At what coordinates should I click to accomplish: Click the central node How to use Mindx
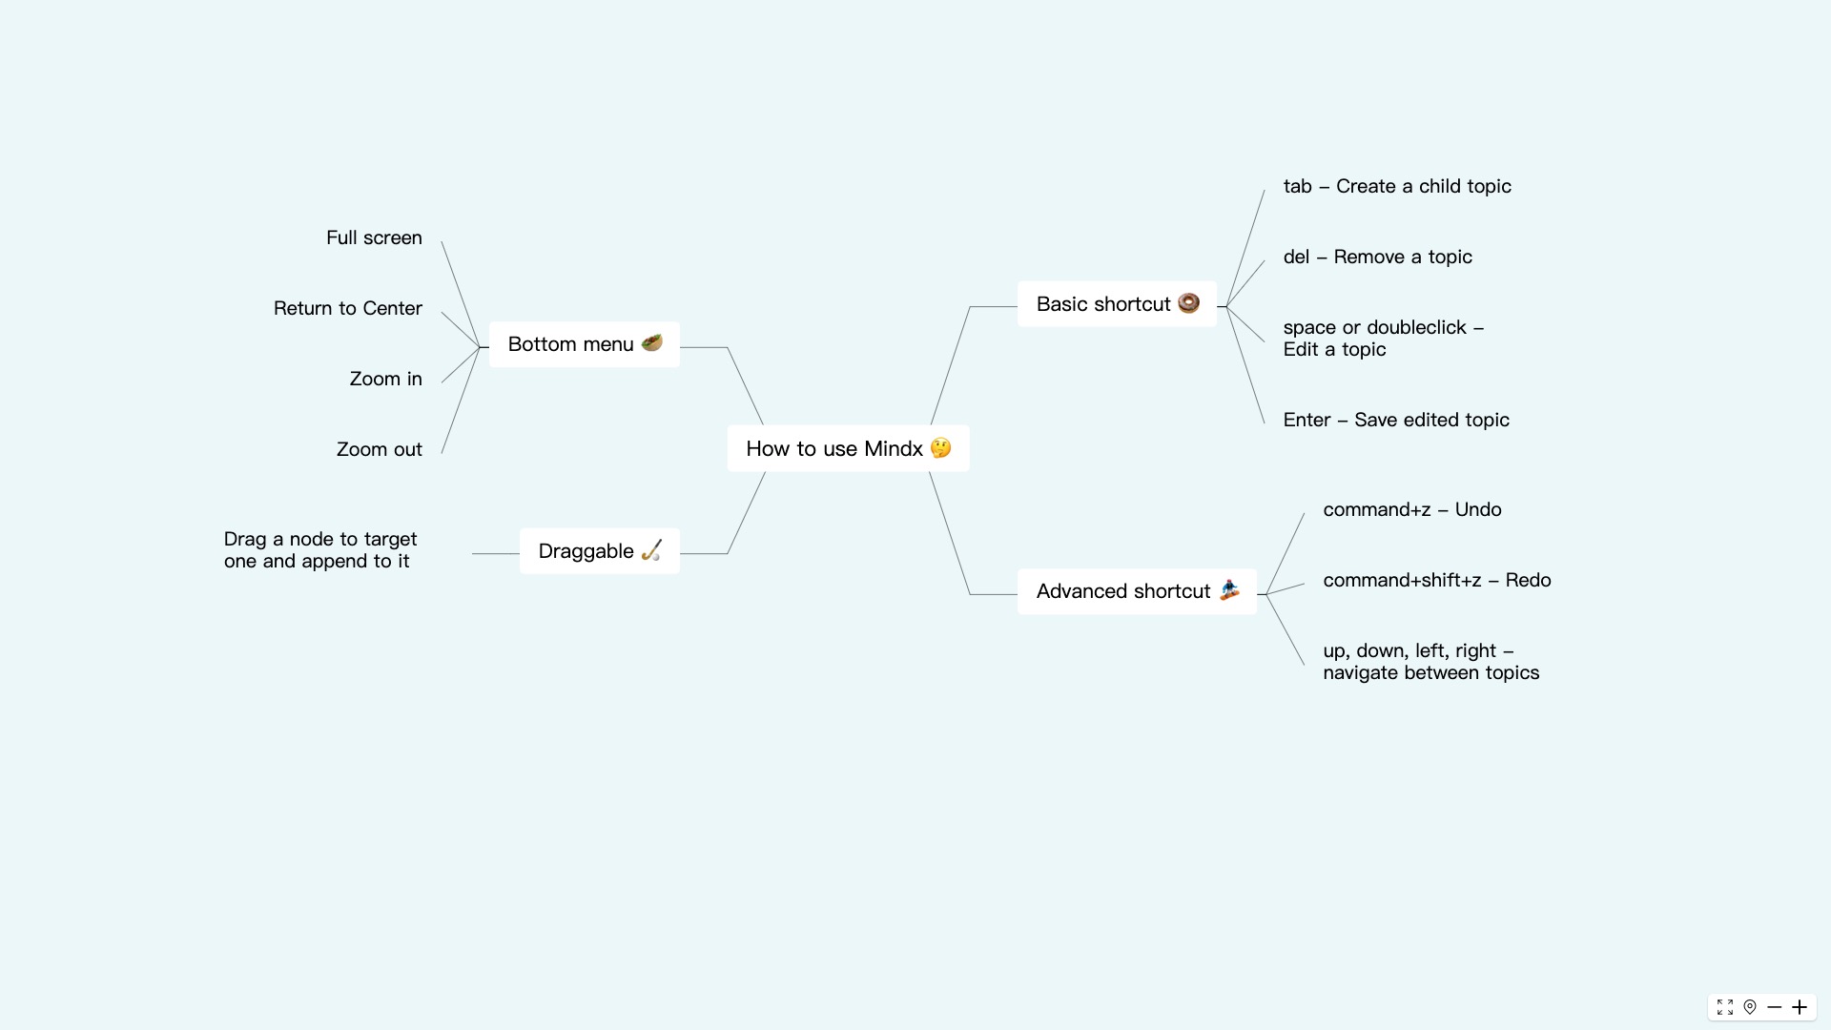click(x=834, y=448)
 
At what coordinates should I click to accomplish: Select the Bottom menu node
click(x=571, y=344)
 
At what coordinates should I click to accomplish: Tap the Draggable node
click(x=586, y=551)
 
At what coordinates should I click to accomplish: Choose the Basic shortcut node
click(x=1103, y=304)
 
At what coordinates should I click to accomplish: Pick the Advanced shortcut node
click(x=1123, y=591)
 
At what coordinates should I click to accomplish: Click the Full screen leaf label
click(x=374, y=237)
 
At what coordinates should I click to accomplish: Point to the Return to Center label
click(x=348, y=308)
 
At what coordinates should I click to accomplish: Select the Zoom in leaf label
click(x=385, y=379)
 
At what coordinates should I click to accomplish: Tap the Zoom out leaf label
click(x=379, y=449)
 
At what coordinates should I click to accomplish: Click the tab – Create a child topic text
click(x=1397, y=186)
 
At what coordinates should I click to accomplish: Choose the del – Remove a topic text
click(x=1377, y=257)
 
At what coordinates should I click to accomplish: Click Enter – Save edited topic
click(x=1396, y=420)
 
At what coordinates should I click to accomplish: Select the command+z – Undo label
click(x=1412, y=509)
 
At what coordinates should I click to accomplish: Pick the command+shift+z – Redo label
click(x=1437, y=580)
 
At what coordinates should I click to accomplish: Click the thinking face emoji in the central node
click(x=941, y=447)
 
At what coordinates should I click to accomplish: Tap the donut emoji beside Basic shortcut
click(x=1188, y=303)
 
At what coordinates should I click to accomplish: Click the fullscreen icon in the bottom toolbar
click(x=1725, y=1007)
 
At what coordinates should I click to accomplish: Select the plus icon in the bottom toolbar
click(x=1800, y=1007)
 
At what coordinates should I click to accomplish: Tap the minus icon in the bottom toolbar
click(x=1775, y=1007)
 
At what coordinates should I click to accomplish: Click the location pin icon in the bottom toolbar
click(x=1750, y=1007)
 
